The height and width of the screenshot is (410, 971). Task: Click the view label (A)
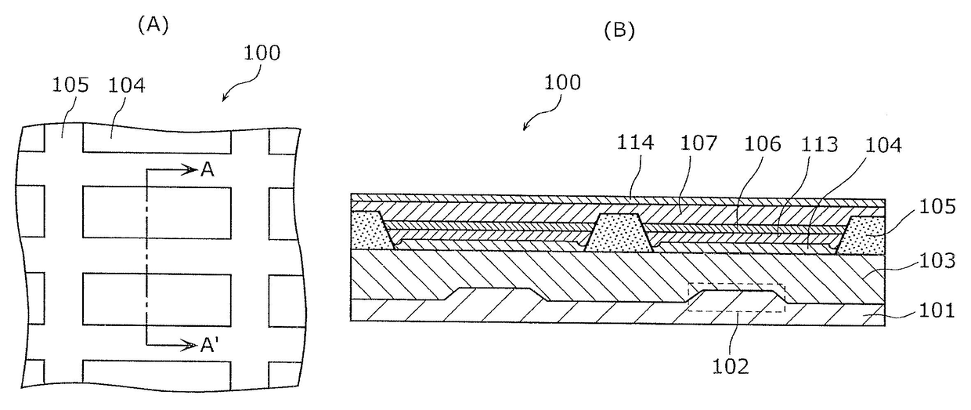pyautogui.click(x=153, y=25)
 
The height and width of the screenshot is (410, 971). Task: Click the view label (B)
pyautogui.click(x=619, y=31)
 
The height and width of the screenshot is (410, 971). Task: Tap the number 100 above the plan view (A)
pyautogui.click(x=262, y=53)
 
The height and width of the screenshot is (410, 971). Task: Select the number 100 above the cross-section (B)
pyautogui.click(x=562, y=83)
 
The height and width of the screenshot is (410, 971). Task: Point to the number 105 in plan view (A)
pyautogui.click(x=70, y=85)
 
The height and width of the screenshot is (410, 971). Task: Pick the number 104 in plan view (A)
pyautogui.click(x=126, y=85)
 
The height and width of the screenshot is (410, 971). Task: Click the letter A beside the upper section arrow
pyautogui.click(x=208, y=170)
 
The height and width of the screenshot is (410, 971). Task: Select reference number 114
pyautogui.click(x=635, y=143)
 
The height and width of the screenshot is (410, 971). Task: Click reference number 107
pyautogui.click(x=698, y=143)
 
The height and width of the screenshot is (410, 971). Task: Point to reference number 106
pyautogui.click(x=763, y=144)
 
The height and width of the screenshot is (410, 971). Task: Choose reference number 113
pyautogui.click(x=819, y=145)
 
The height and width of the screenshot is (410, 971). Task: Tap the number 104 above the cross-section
pyautogui.click(x=883, y=145)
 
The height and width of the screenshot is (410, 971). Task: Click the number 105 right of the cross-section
pyautogui.click(x=937, y=207)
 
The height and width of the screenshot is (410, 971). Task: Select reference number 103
pyautogui.click(x=937, y=261)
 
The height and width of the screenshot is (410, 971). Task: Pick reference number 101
pyautogui.click(x=937, y=310)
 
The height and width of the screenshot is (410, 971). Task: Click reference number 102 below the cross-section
pyautogui.click(x=731, y=367)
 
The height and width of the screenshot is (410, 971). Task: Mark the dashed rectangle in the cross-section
pyautogui.click(x=736, y=285)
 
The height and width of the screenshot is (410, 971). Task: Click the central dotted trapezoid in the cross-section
pyautogui.click(x=619, y=233)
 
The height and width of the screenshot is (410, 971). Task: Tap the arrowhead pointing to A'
pyautogui.click(x=189, y=346)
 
